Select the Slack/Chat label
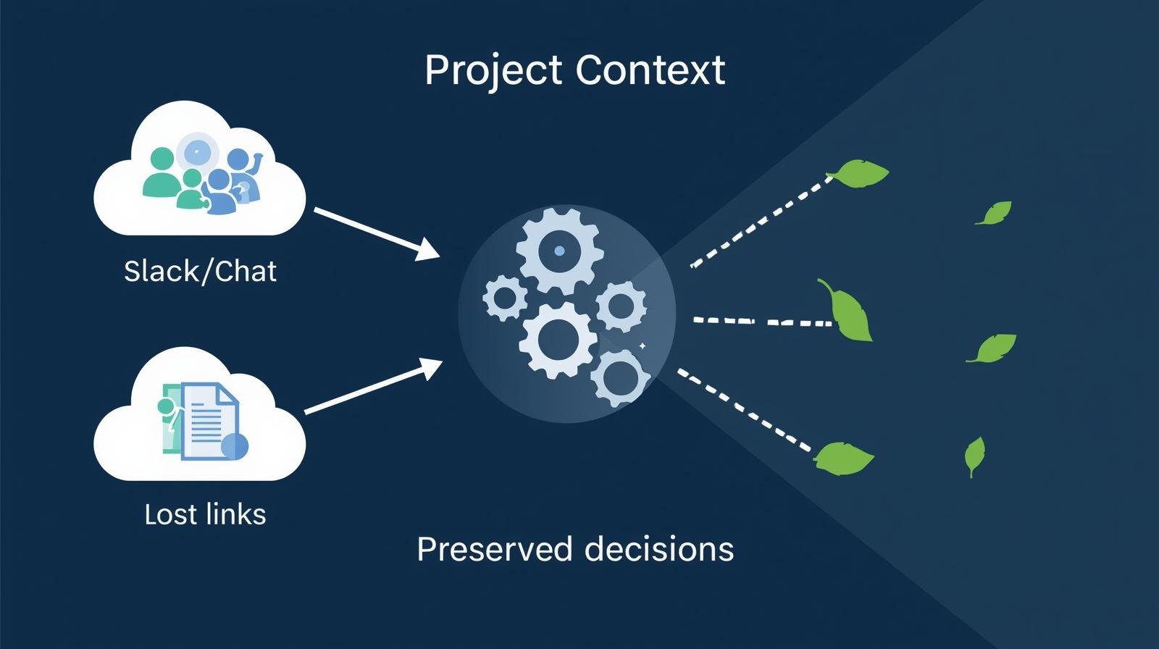pyautogui.click(x=200, y=272)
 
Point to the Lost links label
pyautogui.click(x=205, y=514)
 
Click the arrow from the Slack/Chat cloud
pyautogui.click(x=376, y=233)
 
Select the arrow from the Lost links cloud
pyautogui.click(x=373, y=387)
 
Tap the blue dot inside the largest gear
pyautogui.click(x=558, y=251)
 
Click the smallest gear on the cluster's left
pyautogui.click(x=504, y=298)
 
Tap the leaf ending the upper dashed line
pyautogui.click(x=859, y=174)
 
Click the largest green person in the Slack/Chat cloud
pyautogui.click(x=160, y=174)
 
